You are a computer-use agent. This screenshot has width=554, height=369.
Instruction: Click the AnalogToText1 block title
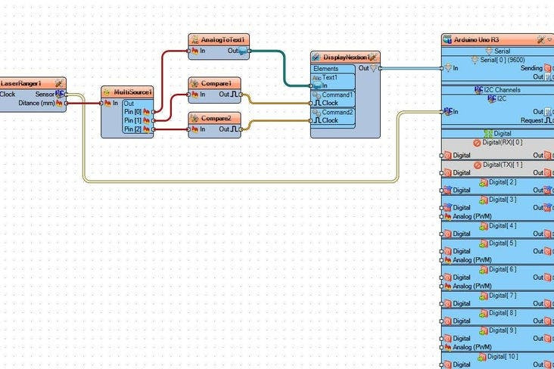pos(223,39)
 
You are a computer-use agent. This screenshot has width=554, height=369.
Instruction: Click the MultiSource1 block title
pos(132,91)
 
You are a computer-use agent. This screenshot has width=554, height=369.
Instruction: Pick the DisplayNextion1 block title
pos(349,57)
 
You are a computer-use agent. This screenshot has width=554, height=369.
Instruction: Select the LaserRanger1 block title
pos(21,82)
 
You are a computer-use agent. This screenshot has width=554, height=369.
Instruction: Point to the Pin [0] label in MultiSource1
pos(132,112)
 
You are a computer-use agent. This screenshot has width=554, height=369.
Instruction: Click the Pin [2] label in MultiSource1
pos(132,129)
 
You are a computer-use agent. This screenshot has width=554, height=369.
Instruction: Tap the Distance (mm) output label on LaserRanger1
pos(36,103)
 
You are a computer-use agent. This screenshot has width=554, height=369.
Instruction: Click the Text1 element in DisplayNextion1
pos(330,77)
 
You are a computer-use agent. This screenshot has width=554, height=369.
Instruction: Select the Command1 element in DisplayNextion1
pos(338,95)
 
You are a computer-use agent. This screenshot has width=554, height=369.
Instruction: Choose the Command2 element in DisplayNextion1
pos(338,112)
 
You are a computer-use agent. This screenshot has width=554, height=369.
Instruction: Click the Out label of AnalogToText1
pos(233,51)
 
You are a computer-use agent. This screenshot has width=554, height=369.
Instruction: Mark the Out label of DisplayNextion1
pos(363,68)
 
